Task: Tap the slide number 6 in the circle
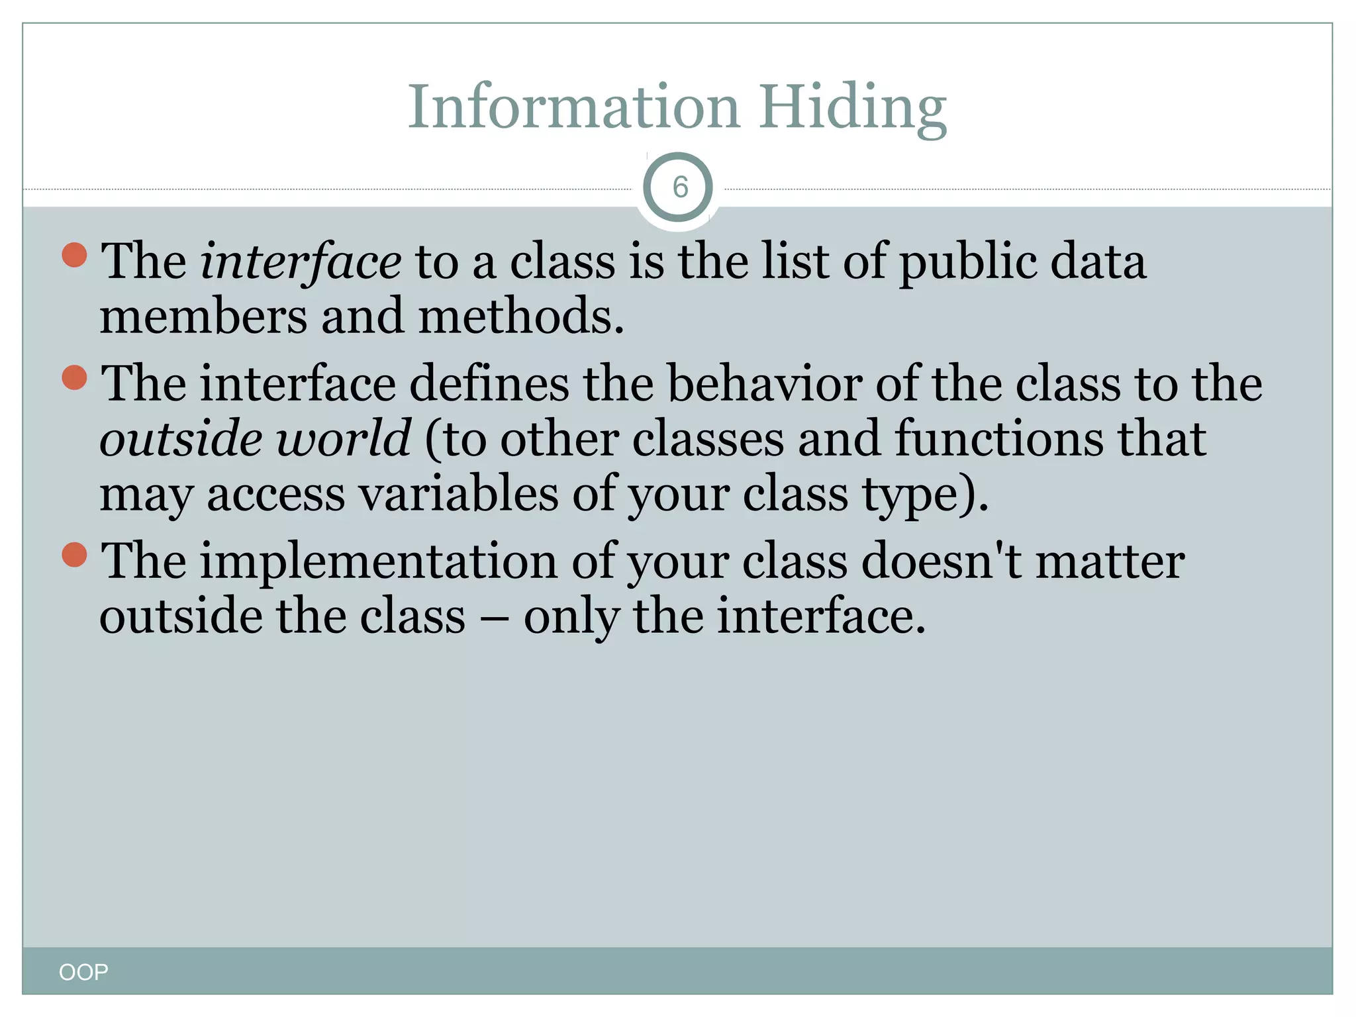point(679,187)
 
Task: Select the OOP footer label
point(83,972)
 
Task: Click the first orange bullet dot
point(75,255)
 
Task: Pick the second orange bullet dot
point(75,377)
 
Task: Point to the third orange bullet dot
point(75,555)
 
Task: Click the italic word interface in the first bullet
point(301,262)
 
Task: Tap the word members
point(203,316)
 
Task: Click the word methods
point(520,316)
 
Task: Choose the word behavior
point(764,384)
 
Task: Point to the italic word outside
point(181,439)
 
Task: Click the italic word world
point(344,439)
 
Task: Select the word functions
point(999,439)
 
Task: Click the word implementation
point(379,561)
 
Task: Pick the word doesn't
point(941,561)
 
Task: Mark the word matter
point(1110,561)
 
